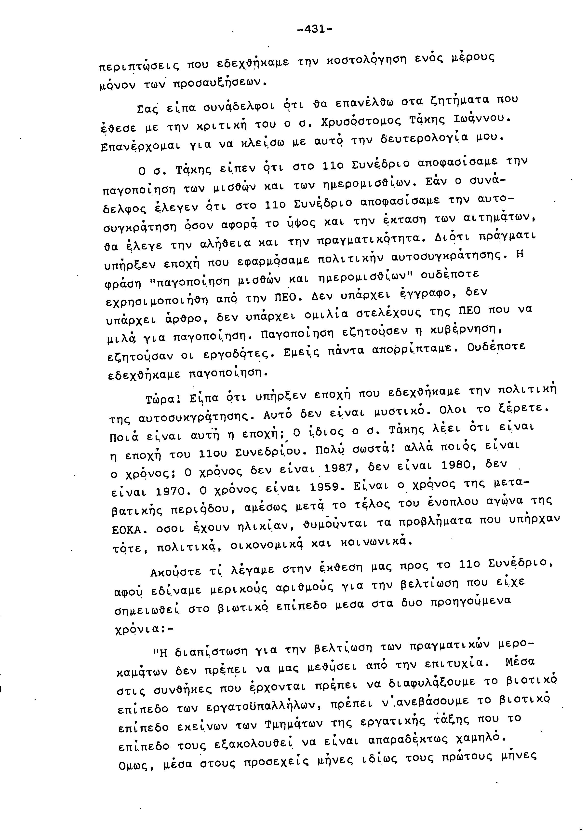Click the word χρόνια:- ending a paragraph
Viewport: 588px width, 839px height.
144,629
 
